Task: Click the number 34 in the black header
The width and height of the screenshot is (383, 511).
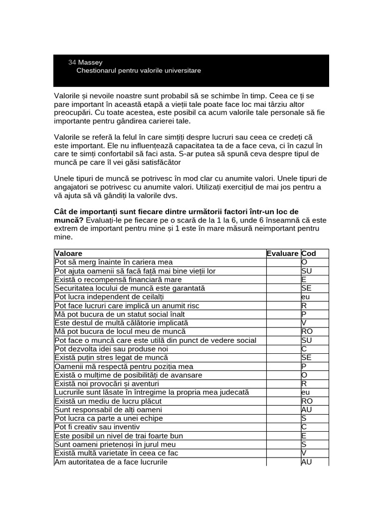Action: coord(72,62)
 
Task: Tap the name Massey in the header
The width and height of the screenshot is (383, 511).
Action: coord(90,62)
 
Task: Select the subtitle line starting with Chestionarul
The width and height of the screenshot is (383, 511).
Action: coord(139,71)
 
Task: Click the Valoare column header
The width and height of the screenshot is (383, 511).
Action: coord(68,254)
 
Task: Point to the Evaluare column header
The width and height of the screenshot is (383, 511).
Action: coord(282,254)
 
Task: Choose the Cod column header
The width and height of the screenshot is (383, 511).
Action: coord(308,254)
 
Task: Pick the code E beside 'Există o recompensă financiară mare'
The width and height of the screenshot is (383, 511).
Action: coord(304,279)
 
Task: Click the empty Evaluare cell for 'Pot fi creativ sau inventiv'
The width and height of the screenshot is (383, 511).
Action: coord(283,427)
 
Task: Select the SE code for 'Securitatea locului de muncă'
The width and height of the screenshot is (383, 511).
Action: coord(306,288)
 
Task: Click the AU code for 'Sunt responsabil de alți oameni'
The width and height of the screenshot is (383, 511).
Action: coord(307,410)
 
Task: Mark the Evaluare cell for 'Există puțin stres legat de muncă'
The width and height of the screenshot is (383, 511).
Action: coord(283,358)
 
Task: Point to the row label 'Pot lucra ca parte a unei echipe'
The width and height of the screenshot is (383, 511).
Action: coord(108,418)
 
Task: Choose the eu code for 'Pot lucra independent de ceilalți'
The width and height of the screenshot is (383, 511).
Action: coord(306,297)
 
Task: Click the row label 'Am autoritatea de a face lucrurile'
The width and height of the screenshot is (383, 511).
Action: coord(111,462)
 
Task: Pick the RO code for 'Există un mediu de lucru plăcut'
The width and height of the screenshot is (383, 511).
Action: coord(307,401)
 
